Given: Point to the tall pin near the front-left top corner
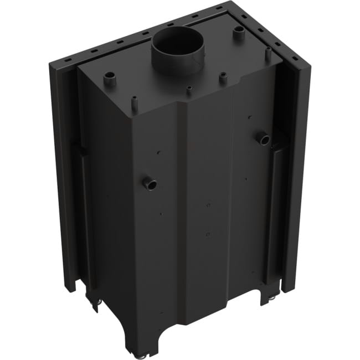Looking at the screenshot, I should click(x=135, y=102).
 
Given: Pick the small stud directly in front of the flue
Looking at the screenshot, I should click(x=189, y=90).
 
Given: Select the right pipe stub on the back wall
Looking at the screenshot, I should click(x=264, y=138).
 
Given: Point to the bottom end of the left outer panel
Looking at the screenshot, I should click(x=69, y=285).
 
